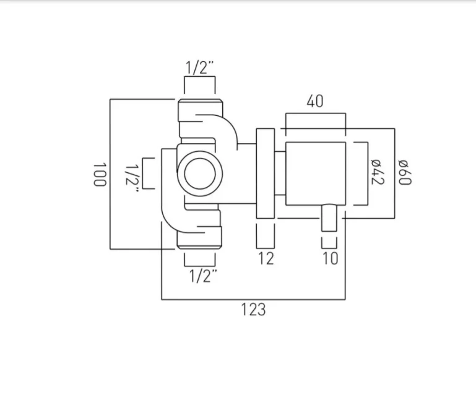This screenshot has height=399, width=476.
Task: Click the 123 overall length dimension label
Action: pos(253,309)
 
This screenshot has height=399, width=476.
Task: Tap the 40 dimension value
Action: pos(314,101)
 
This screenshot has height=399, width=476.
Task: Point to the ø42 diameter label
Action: pos(378,172)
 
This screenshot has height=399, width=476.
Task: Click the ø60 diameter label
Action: pos(405,172)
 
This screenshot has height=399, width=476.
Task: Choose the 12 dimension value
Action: pos(265,258)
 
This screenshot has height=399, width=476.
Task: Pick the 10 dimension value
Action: pos(331,258)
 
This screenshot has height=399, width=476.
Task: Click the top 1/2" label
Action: pos(199,68)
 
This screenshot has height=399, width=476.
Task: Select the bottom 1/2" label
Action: pos(199,276)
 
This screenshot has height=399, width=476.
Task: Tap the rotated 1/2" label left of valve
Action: pos(132,176)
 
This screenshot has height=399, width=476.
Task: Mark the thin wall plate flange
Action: pos(265,173)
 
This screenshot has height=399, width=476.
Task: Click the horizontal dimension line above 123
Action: pos(253,299)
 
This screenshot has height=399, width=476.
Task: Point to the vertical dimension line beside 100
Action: pos(110,174)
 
